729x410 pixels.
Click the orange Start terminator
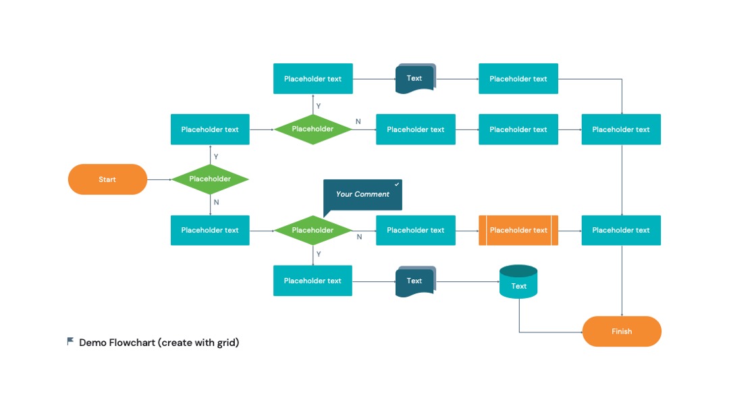(x=107, y=179)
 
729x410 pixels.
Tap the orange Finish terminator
(x=622, y=332)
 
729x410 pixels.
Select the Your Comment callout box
(x=362, y=195)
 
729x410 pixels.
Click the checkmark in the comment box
(x=397, y=184)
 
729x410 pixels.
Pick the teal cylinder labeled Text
(x=518, y=281)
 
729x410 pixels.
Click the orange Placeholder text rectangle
(x=518, y=231)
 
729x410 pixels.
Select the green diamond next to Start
(x=210, y=179)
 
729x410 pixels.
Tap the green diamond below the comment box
(x=313, y=231)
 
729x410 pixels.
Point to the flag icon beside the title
(x=70, y=341)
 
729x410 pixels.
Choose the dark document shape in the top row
(x=416, y=79)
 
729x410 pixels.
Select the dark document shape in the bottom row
(x=416, y=281)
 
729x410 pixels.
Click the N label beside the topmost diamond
(x=358, y=121)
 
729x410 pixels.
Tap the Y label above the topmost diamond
(x=319, y=107)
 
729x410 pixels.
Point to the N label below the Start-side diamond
(x=216, y=202)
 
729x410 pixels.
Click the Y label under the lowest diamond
(x=319, y=254)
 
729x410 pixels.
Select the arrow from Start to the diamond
(x=159, y=179)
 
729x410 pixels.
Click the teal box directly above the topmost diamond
(x=313, y=79)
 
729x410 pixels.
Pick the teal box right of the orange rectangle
(x=621, y=231)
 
